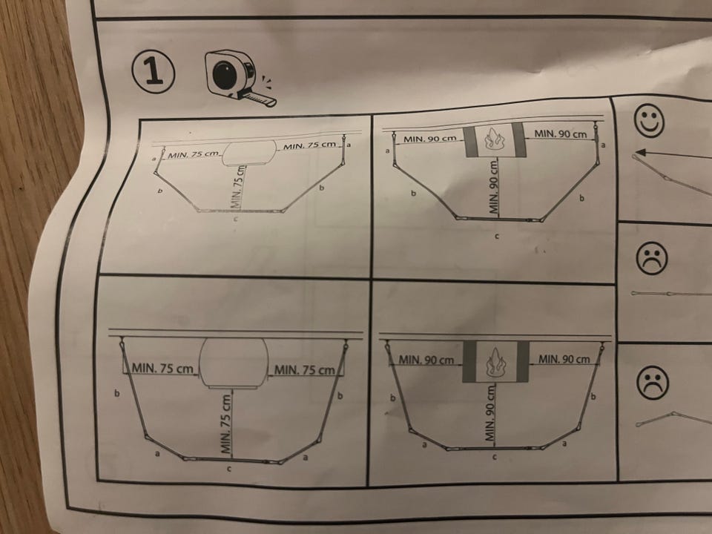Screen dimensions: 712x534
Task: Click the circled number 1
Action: click(154, 71)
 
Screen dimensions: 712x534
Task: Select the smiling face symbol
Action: click(649, 120)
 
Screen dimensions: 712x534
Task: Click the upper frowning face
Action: click(652, 257)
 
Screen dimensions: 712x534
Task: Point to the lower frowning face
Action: click(653, 382)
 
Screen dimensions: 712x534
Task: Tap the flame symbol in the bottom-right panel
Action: click(495, 362)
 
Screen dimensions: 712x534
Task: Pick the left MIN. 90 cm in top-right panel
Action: click(429, 139)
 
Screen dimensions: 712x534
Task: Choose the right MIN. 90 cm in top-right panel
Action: click(561, 134)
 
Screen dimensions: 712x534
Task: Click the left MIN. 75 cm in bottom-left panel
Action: click(162, 368)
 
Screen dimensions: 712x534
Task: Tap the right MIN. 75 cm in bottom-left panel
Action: click(305, 369)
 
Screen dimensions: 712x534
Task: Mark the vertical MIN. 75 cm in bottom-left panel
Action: click(227, 423)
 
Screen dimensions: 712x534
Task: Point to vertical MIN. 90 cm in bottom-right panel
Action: click(489, 413)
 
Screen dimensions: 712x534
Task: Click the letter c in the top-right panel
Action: click(497, 237)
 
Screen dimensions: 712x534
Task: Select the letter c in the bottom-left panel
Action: click(229, 469)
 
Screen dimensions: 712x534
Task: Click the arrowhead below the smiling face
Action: click(641, 151)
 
